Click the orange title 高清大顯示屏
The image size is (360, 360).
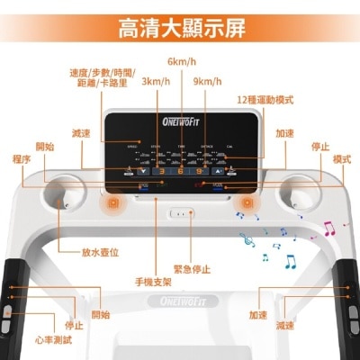[x=181, y=28]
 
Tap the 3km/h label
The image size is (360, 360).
[x=154, y=81]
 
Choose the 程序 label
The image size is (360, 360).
[x=22, y=159]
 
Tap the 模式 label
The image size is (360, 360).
[x=341, y=159]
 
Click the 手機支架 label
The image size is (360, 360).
[x=153, y=283]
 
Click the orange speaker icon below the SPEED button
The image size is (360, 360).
[x=114, y=204]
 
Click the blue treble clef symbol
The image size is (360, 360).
[x=242, y=238]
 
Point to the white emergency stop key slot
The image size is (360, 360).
[x=180, y=215]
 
